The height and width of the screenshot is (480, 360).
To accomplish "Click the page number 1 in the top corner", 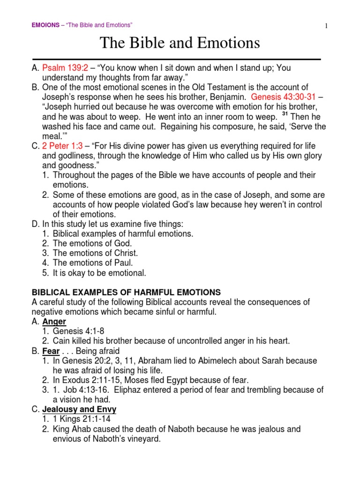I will (325, 26).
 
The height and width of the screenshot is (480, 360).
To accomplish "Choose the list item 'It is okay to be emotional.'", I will (99, 272).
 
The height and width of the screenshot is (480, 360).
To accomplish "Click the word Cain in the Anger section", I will (61, 341).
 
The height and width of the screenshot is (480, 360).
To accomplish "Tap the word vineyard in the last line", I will (142, 439).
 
